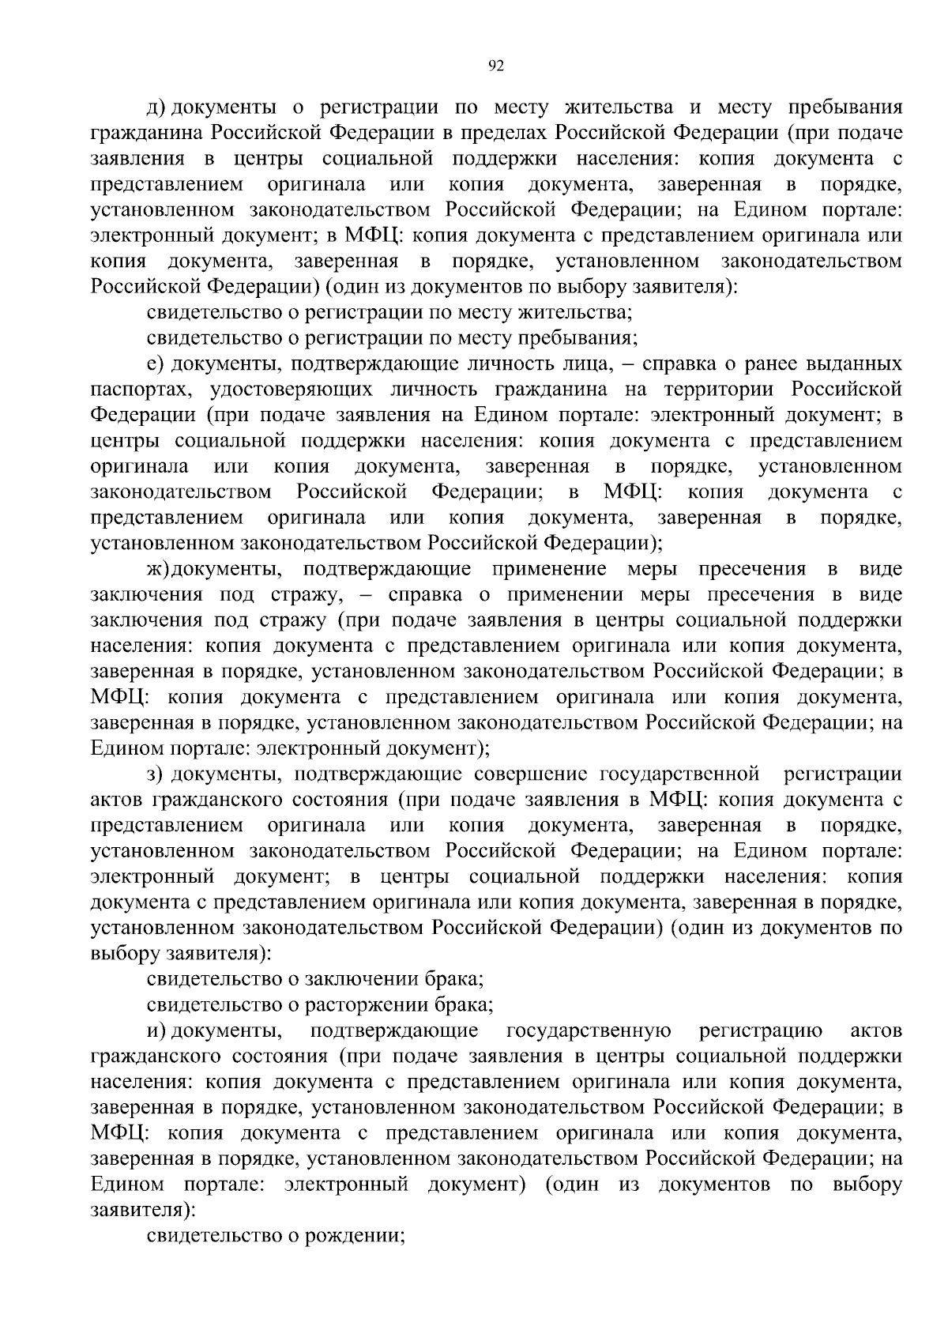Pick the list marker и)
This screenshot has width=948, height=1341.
[156, 1031]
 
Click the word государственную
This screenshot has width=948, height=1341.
[589, 1031]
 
